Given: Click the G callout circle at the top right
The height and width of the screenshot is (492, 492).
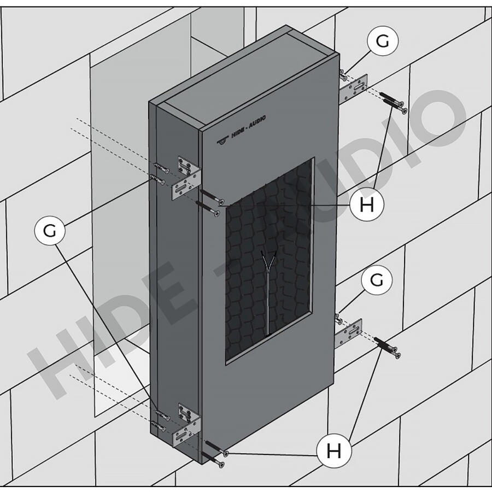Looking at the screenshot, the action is [383, 40].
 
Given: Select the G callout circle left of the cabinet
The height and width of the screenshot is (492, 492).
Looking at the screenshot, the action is [50, 230].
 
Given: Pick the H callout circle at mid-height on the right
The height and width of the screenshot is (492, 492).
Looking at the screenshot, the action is [367, 205].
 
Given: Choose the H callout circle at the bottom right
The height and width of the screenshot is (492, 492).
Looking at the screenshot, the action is [333, 451].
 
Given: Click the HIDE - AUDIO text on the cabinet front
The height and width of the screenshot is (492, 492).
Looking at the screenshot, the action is [248, 126].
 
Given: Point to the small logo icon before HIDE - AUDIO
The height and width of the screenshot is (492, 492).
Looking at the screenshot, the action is [222, 140].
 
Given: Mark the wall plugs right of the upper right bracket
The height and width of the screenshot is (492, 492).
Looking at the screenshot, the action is [394, 102].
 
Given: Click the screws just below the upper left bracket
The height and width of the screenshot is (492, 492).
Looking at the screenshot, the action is [210, 203].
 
